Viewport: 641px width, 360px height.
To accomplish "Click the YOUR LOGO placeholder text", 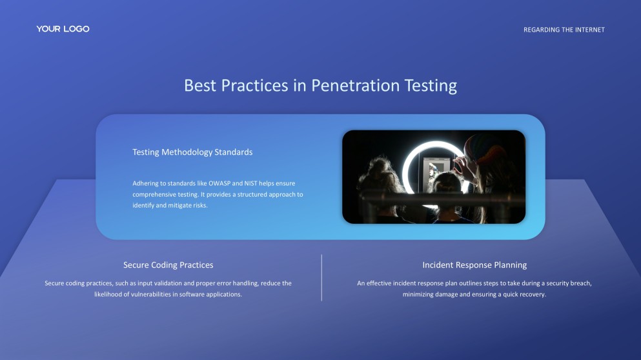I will (x=63, y=29).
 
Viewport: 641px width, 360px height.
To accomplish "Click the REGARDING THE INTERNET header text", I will (x=564, y=30).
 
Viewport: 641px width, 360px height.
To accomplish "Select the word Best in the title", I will (x=200, y=85).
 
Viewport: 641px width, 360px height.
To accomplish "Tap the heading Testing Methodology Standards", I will (x=192, y=152).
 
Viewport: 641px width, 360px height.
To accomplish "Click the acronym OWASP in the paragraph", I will (x=222, y=184).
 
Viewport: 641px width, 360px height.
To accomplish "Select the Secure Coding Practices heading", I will (x=168, y=265).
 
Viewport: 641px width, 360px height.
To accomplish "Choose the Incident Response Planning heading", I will (x=474, y=265).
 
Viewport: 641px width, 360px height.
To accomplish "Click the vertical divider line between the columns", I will (x=321, y=277).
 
